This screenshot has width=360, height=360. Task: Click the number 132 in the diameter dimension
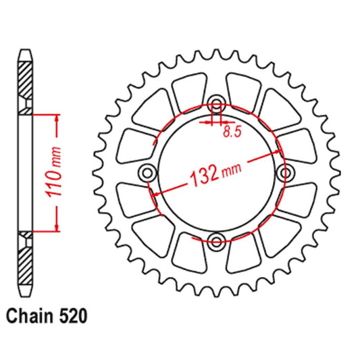[x=202, y=177]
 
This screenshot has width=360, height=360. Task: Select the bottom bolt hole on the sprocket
[x=216, y=240]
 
